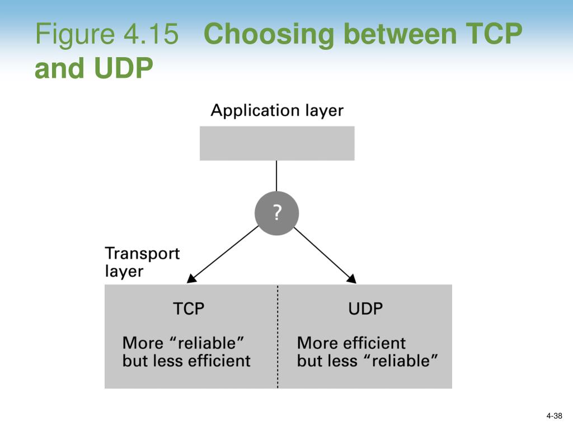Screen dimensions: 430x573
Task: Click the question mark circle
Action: (276, 213)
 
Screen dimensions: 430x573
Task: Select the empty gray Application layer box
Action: (277, 143)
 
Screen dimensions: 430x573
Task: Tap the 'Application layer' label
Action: (277, 110)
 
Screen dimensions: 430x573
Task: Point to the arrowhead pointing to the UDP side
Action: (352, 279)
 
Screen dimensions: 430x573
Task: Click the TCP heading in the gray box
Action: (189, 309)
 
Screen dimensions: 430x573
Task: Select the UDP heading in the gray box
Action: (365, 309)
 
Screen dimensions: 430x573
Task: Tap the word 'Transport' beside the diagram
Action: (142, 253)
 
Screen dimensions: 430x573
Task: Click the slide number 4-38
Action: (554, 415)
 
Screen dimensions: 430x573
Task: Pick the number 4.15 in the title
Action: (151, 35)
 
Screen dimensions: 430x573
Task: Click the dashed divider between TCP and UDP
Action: (278, 336)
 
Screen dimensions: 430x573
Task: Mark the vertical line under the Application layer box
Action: (276, 176)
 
